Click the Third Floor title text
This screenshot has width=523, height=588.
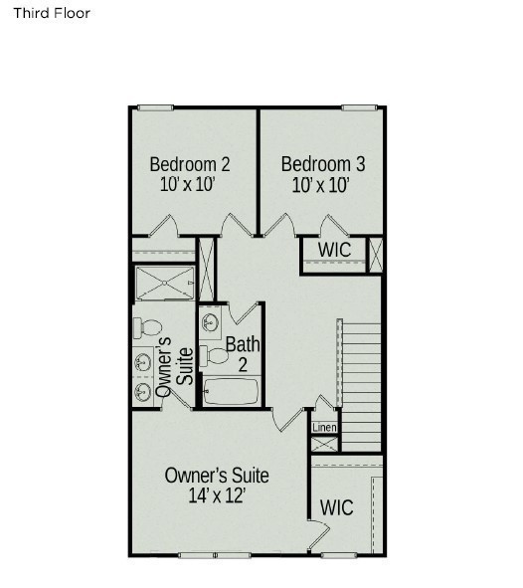[52, 13]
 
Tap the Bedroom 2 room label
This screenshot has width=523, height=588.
[190, 164]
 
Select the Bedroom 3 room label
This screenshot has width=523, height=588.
[323, 164]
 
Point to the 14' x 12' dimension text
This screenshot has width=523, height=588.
[217, 495]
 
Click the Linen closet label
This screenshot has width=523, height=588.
[324, 427]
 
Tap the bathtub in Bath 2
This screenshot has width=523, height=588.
[231, 391]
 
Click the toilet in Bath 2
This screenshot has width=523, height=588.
[214, 355]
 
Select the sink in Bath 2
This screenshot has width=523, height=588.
[209, 321]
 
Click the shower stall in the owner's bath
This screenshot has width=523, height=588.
[165, 284]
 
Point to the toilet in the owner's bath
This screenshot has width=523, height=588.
[147, 327]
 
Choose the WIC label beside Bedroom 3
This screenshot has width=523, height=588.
[334, 250]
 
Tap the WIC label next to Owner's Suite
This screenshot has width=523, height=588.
[336, 507]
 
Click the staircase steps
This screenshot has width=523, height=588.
[362, 387]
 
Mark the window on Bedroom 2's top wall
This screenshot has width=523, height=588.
[155, 108]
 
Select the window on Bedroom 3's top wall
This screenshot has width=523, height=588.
[359, 108]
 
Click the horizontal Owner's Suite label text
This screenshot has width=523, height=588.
[217, 476]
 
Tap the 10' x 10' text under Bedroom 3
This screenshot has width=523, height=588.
[321, 185]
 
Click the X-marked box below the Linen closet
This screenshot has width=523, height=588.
[324, 445]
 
